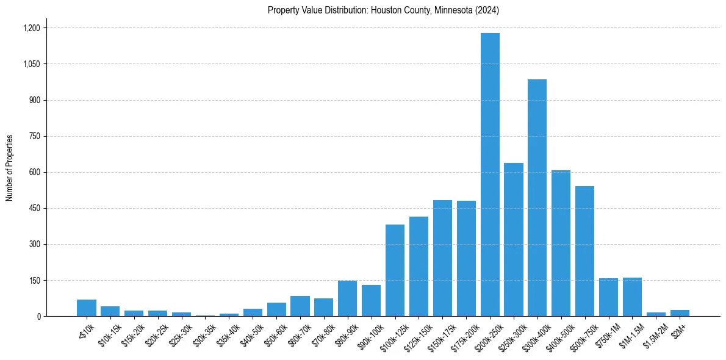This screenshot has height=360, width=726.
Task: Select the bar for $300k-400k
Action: [x=537, y=198]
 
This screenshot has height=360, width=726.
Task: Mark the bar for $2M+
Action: [x=680, y=313]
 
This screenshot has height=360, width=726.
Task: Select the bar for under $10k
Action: [x=87, y=308]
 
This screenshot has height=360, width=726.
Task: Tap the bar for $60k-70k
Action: [x=300, y=306]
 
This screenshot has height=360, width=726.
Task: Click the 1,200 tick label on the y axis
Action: [x=31, y=28]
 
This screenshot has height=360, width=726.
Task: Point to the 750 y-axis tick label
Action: [x=34, y=136]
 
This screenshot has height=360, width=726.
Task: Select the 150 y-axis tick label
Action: [x=34, y=281]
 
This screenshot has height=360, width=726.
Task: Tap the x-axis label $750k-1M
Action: [x=606, y=334]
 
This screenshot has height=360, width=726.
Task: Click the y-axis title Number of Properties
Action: [x=10, y=168]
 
